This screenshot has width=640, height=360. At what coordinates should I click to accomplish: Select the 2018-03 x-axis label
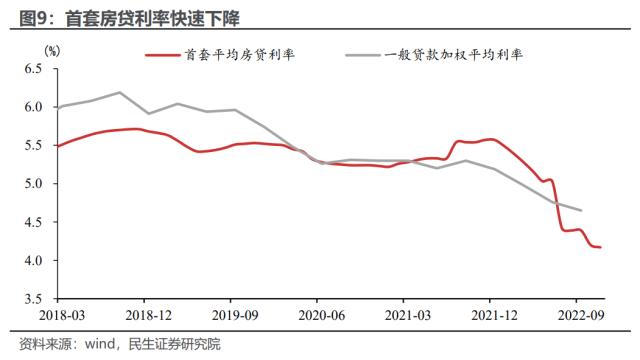57,313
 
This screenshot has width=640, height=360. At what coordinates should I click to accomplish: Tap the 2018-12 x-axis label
144,313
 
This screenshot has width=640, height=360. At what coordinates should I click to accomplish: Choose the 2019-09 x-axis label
230,313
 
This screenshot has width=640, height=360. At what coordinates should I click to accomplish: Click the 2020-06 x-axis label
316,313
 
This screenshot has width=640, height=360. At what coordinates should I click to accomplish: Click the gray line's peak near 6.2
120,92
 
